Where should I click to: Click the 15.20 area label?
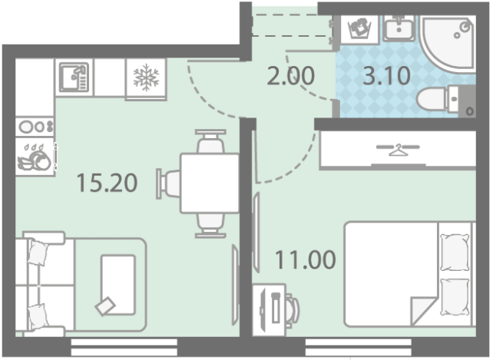107,183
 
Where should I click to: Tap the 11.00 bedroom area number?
306,259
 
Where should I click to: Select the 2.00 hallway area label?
290,76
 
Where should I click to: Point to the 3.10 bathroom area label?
387,76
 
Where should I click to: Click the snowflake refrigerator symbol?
146,78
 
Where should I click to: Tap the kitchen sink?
74,78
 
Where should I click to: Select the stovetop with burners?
35,127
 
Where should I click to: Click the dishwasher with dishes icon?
35,157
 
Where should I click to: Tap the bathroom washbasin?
399,28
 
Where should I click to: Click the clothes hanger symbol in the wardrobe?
399,150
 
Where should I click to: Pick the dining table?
210,183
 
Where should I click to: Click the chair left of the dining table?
168,183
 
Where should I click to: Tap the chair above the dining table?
210,141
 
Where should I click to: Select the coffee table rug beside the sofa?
118,285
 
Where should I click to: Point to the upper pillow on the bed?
455,253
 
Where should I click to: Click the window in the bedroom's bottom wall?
358,348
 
